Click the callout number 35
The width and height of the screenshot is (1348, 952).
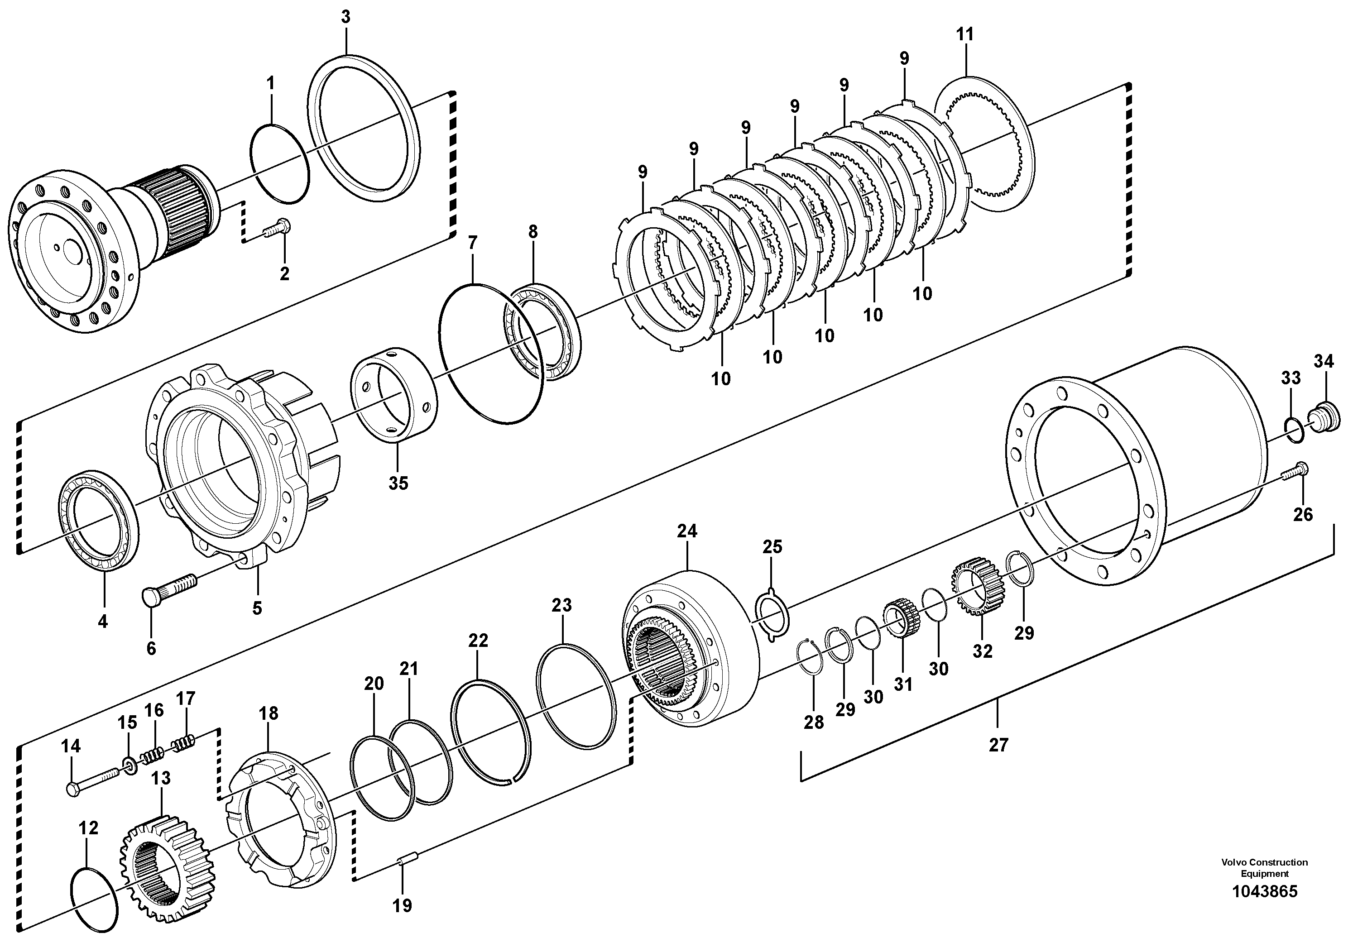pyautogui.click(x=398, y=483)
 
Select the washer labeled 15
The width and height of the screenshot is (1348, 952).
pyautogui.click(x=129, y=765)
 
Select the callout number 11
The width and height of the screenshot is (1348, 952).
pyautogui.click(x=964, y=34)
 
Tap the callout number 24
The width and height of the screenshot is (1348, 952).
pyautogui.click(x=687, y=531)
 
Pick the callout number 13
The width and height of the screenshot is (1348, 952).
pyautogui.click(x=160, y=778)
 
